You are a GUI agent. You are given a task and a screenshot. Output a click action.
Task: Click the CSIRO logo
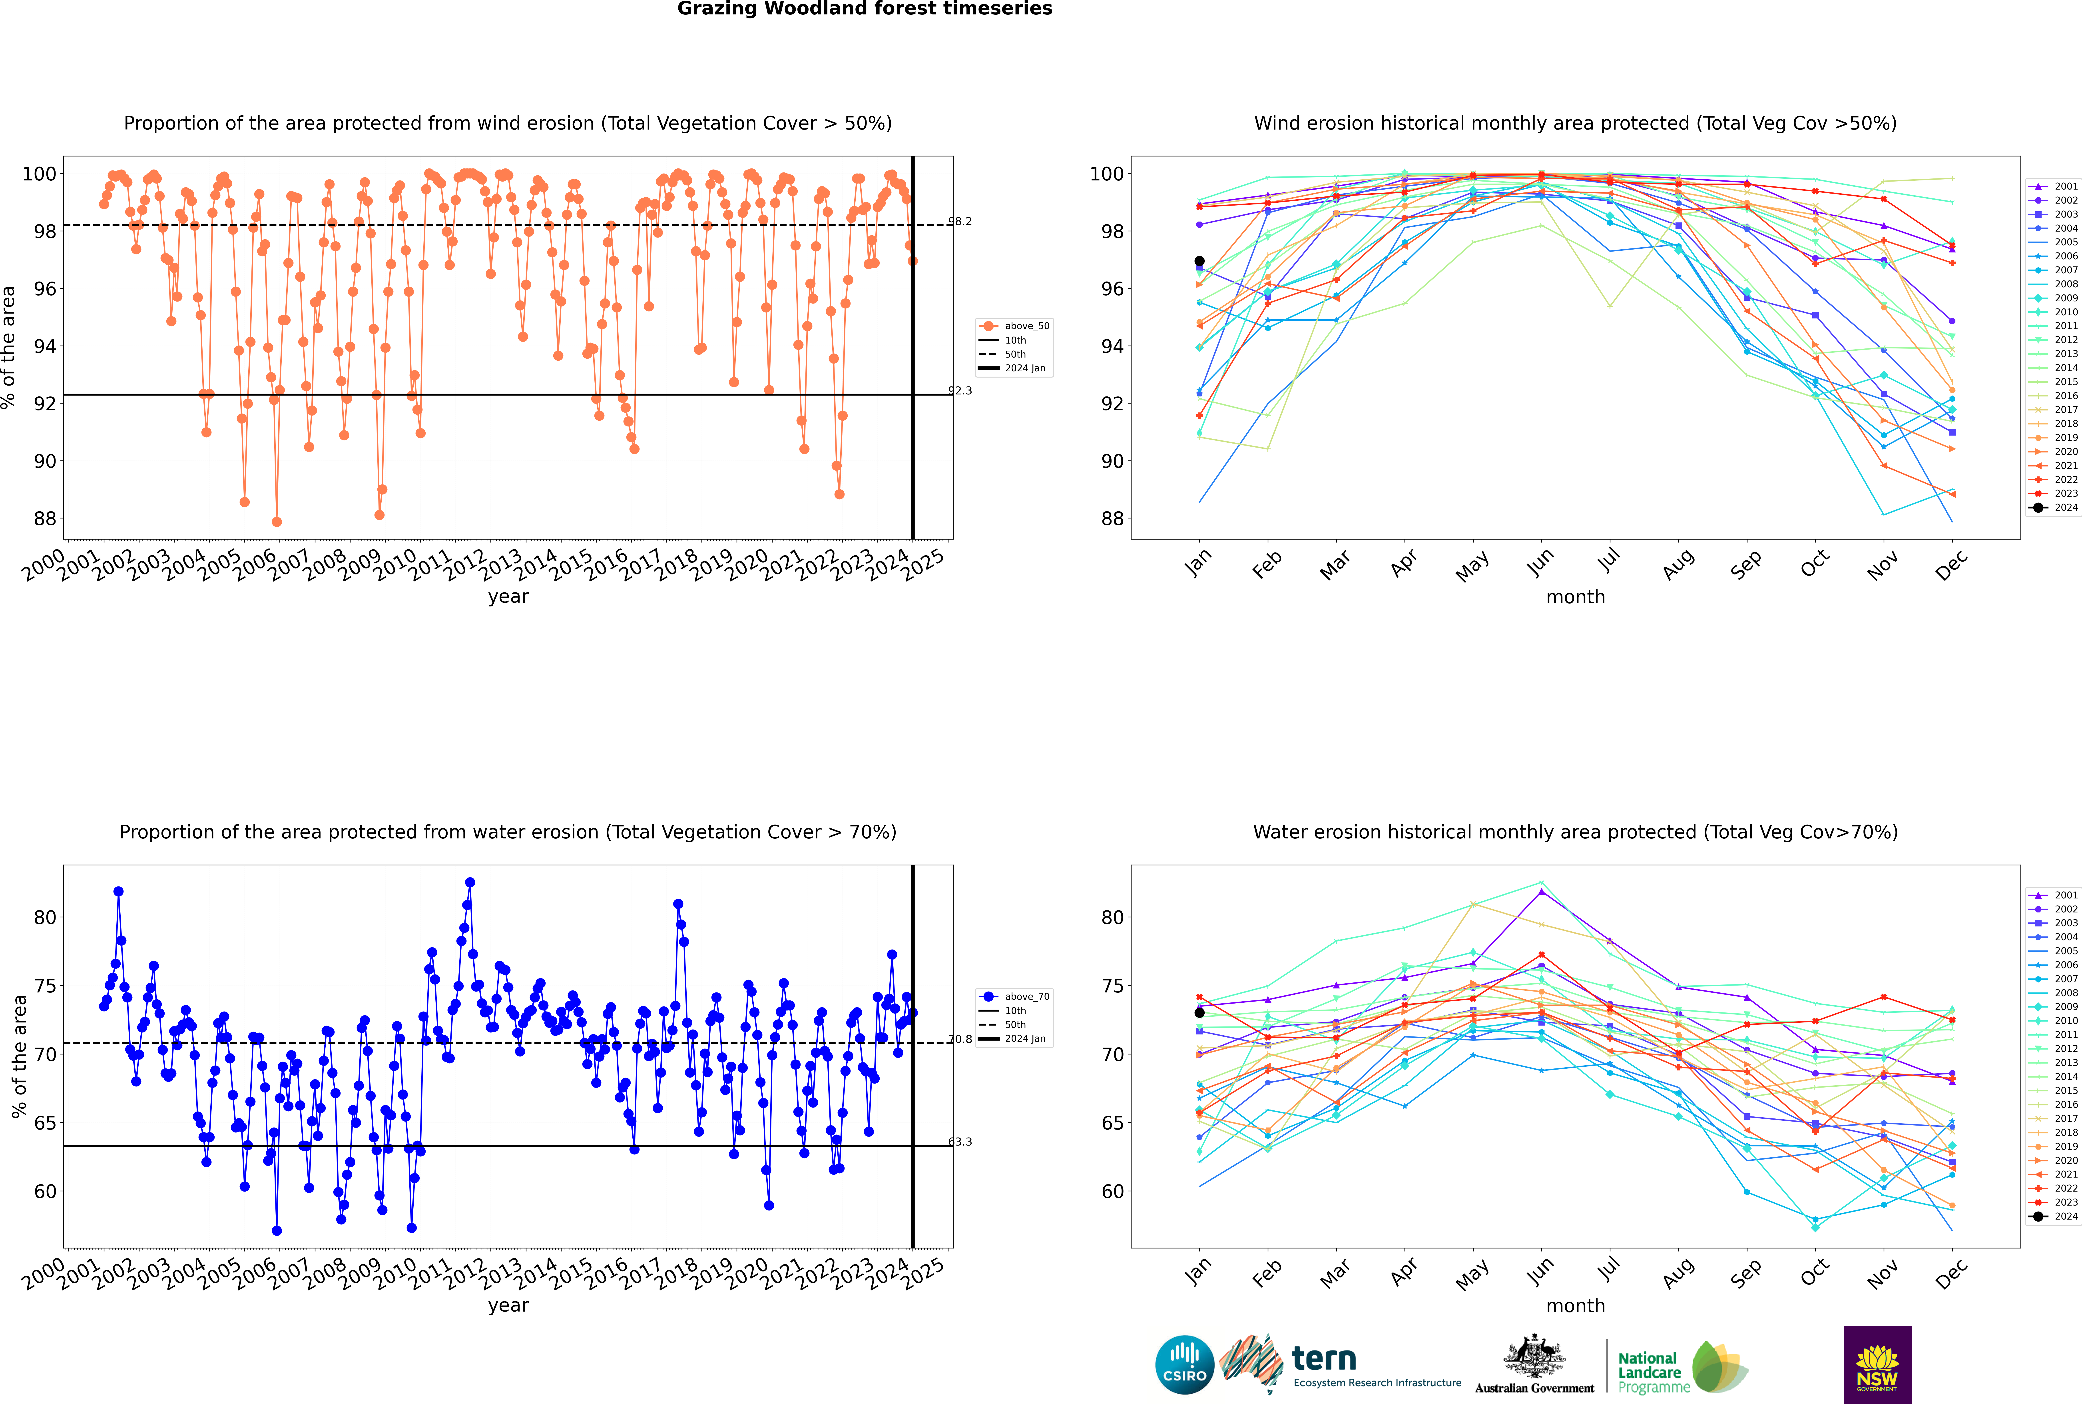tap(1184, 1365)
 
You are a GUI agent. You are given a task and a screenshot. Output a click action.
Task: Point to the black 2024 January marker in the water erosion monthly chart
tap(1199, 1013)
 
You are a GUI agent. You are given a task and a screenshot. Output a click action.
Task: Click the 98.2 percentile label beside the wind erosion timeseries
tap(960, 221)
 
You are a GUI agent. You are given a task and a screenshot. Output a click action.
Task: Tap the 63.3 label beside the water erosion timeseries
tap(960, 1142)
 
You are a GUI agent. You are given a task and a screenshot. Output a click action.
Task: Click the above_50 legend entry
tap(1014, 326)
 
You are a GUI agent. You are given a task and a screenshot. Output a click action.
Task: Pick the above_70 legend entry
tap(1014, 997)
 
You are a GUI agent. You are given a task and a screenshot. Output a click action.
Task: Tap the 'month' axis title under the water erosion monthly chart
tap(1575, 1306)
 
